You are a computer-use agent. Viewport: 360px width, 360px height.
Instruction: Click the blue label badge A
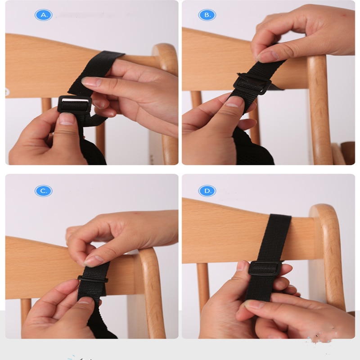tap(44, 15)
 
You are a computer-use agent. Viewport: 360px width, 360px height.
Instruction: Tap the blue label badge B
tap(207, 15)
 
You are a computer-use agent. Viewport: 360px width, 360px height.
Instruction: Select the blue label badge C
tap(44, 191)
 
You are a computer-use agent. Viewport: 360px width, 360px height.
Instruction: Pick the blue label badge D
tap(207, 191)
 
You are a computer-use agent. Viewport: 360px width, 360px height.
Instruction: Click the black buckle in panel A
tap(75, 104)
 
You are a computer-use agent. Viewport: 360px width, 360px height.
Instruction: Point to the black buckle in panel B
tap(252, 84)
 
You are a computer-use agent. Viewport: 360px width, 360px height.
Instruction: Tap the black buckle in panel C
tap(92, 279)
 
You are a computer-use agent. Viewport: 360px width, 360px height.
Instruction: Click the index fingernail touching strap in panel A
tap(91, 82)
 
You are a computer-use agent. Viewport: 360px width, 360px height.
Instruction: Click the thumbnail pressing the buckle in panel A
tap(67, 119)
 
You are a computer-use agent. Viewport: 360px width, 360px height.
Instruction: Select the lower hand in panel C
tap(54, 310)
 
